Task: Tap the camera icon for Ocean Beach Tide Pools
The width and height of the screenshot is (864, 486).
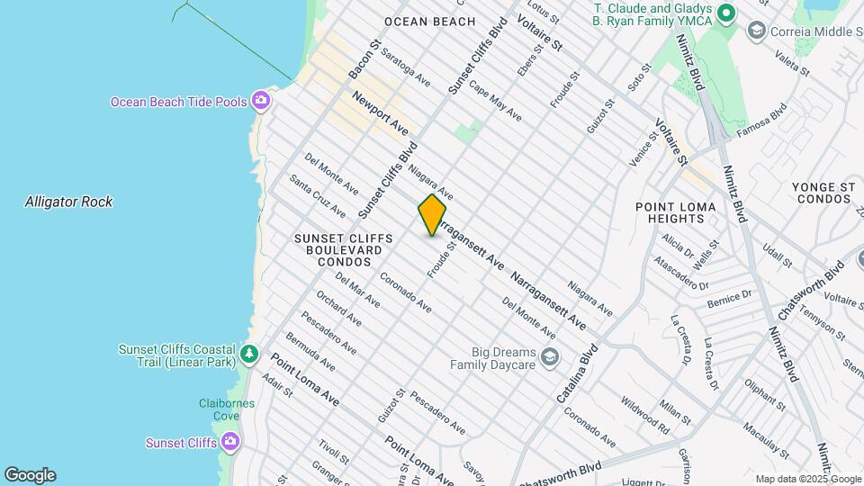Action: click(x=261, y=101)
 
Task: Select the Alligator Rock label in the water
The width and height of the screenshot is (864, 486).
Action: click(x=68, y=202)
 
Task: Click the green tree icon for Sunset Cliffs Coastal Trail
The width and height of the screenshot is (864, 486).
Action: click(x=249, y=355)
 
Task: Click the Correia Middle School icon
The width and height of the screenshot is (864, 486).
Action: click(x=756, y=31)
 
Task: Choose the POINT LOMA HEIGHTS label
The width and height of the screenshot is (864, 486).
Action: click(x=675, y=213)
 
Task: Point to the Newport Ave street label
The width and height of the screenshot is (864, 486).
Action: click(x=381, y=112)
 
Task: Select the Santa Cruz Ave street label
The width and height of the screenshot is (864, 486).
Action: click(x=317, y=195)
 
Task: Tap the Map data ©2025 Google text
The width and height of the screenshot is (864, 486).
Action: click(x=807, y=479)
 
